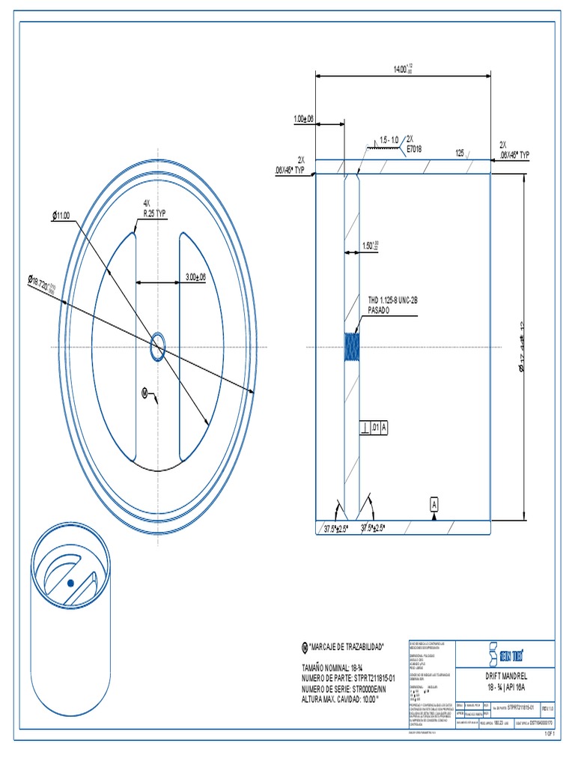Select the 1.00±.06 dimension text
pyautogui.click(x=302, y=119)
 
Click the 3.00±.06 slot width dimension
pyautogui.click(x=195, y=277)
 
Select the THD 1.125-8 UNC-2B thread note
pyautogui.click(x=392, y=303)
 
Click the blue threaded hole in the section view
pyautogui.click(x=351, y=348)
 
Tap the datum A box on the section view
pyautogui.click(x=433, y=505)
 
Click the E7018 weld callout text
pyautogui.click(x=414, y=148)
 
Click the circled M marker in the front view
pyautogui.click(x=145, y=392)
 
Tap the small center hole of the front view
pyautogui.click(x=157, y=347)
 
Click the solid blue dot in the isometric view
pyautogui.click(x=70, y=582)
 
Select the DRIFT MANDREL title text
pyautogui.click(x=507, y=675)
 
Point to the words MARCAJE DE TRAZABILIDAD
pyautogui.click(x=346, y=646)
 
